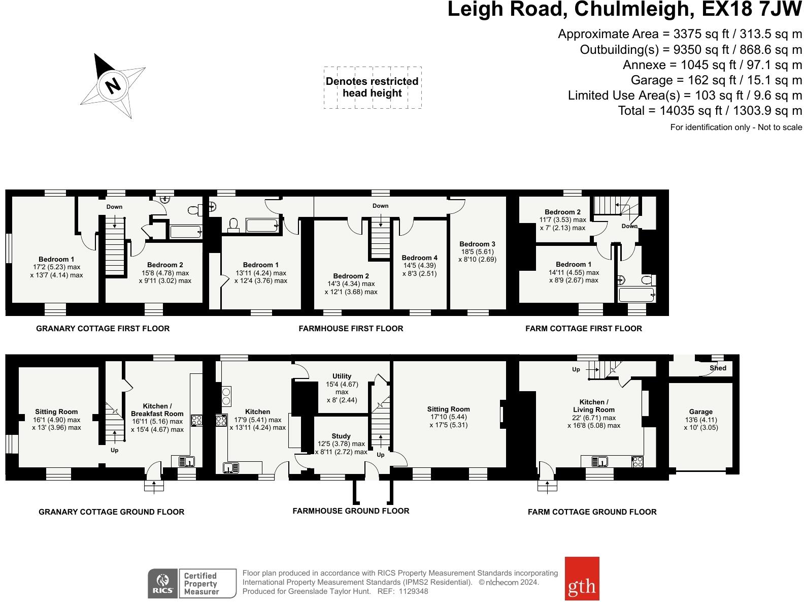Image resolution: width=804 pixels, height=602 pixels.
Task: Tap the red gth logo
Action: point(582,578)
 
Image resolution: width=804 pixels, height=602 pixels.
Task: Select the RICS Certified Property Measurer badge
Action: point(192,583)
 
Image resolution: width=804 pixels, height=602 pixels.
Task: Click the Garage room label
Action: point(700,412)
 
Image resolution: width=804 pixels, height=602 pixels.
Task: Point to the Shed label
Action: point(718,368)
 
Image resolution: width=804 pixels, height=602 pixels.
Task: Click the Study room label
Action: point(341,436)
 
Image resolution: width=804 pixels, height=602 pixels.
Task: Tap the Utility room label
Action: point(342,376)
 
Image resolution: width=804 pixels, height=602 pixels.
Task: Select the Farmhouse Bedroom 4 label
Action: point(419,258)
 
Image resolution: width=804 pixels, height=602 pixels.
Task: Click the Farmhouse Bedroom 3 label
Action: point(477,244)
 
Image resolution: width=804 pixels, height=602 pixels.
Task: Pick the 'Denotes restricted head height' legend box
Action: point(372,87)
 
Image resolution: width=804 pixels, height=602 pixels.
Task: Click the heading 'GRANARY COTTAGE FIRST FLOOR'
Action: point(103,329)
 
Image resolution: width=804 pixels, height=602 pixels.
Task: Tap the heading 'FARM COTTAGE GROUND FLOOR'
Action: point(592,512)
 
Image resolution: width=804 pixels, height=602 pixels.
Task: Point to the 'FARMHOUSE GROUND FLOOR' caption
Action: point(351,511)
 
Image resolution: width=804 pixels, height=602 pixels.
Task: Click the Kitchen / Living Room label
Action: point(593,405)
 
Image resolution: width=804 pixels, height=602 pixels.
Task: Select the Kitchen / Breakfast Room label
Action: point(157,409)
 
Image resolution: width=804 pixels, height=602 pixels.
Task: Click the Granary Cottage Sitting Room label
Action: point(56,412)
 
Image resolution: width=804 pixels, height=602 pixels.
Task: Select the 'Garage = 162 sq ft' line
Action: point(716,80)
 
